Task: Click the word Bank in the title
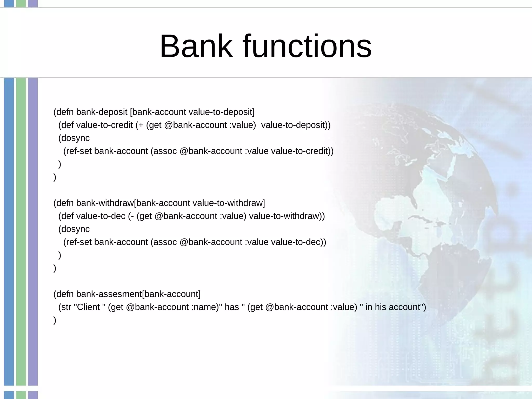click(196, 46)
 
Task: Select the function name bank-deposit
click(102, 112)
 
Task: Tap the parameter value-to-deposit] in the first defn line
click(221, 112)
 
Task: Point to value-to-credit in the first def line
click(104, 125)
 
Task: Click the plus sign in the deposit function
click(141, 125)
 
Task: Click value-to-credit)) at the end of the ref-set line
click(302, 151)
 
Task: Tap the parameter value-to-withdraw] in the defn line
click(229, 203)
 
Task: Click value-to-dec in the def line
click(101, 216)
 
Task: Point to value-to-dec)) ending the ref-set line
click(298, 242)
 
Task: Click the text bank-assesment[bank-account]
click(138, 294)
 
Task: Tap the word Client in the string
click(88, 307)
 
